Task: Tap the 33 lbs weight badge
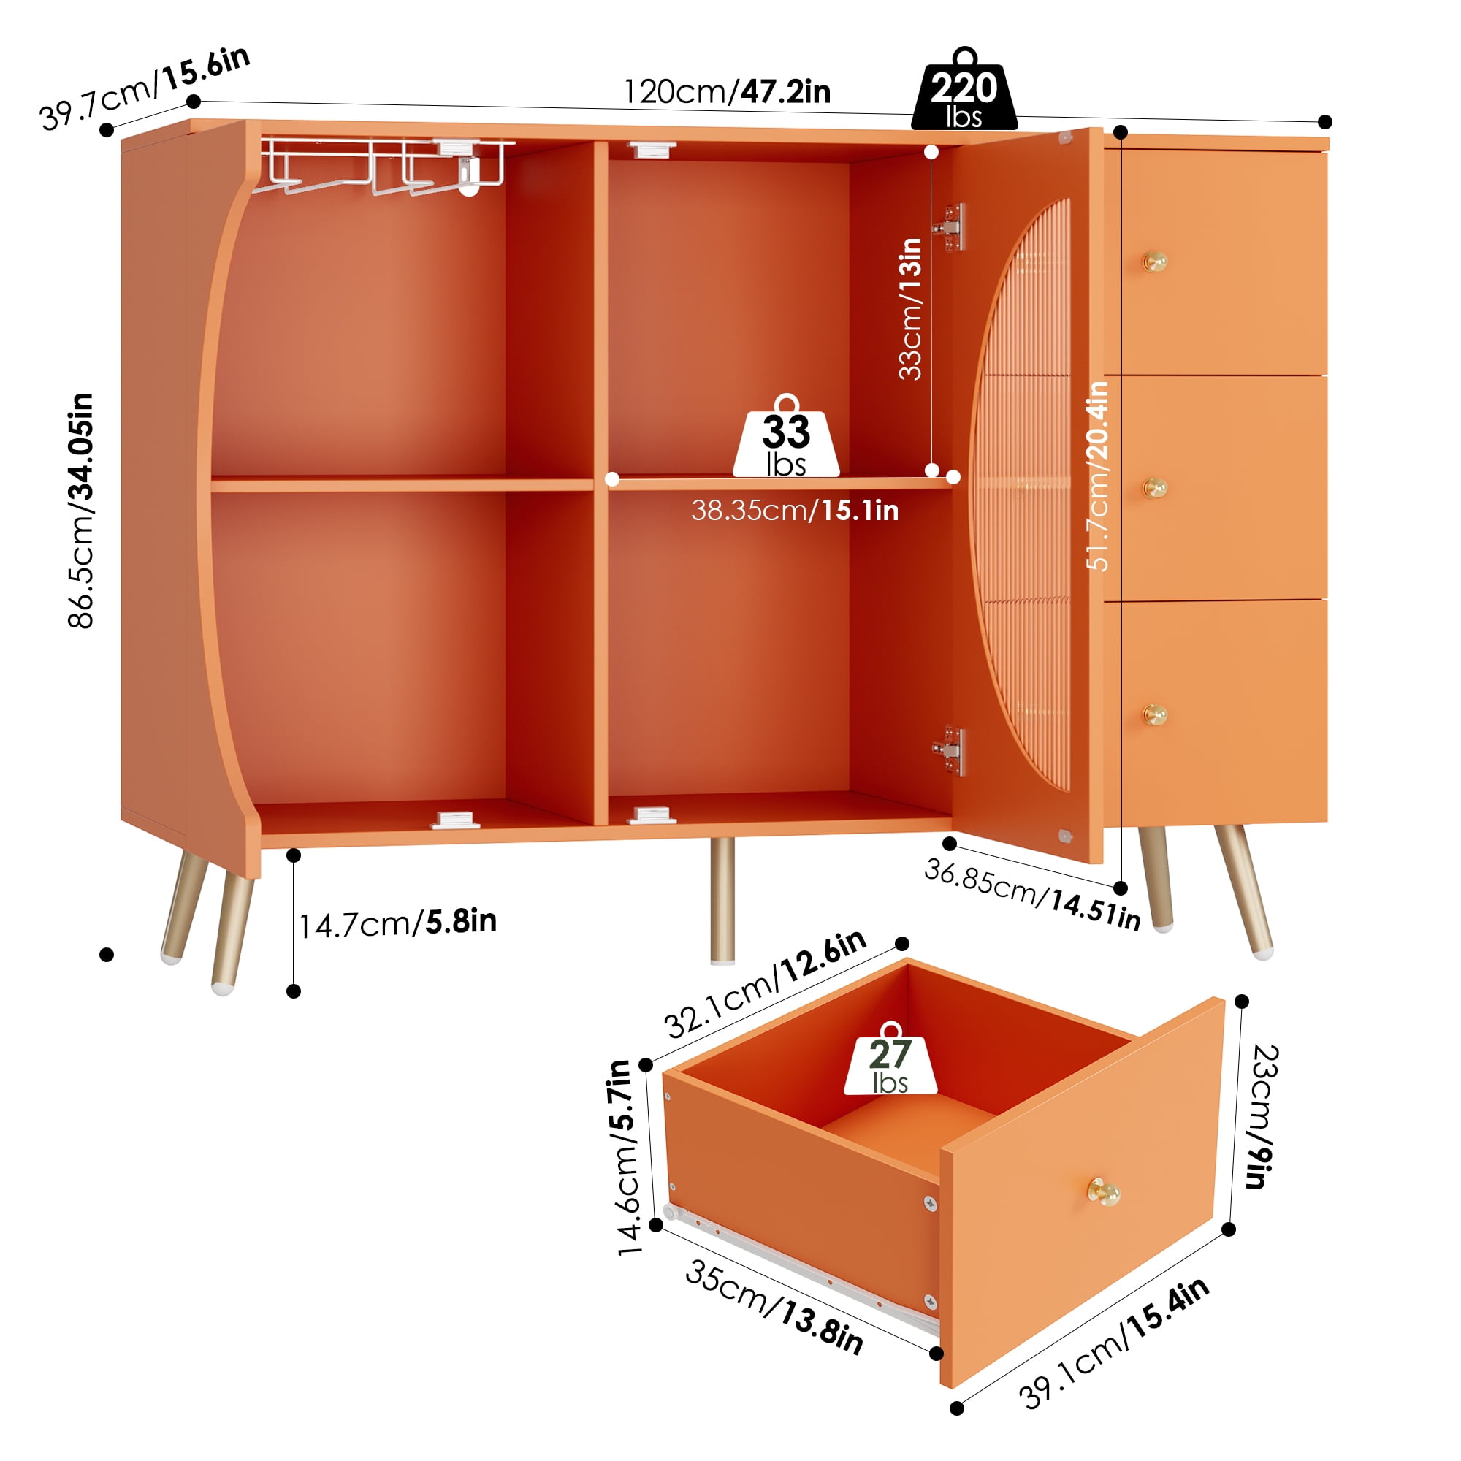pyautogui.click(x=786, y=436)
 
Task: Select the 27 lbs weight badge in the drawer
pyautogui.click(x=890, y=1058)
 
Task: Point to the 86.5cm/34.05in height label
pyautogui.click(x=81, y=511)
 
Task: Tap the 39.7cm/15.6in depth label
pyautogui.click(x=145, y=88)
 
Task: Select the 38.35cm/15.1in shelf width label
pyautogui.click(x=795, y=511)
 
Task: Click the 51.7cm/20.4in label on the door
pyautogui.click(x=1097, y=476)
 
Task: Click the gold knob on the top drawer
pyautogui.click(x=1155, y=262)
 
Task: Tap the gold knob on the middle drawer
pyautogui.click(x=1155, y=489)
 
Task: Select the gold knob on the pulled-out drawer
pyautogui.click(x=1104, y=1193)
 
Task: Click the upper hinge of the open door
pyautogui.click(x=950, y=227)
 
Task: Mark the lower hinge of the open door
pyautogui.click(x=950, y=750)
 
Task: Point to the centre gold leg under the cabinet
pyautogui.click(x=723, y=901)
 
